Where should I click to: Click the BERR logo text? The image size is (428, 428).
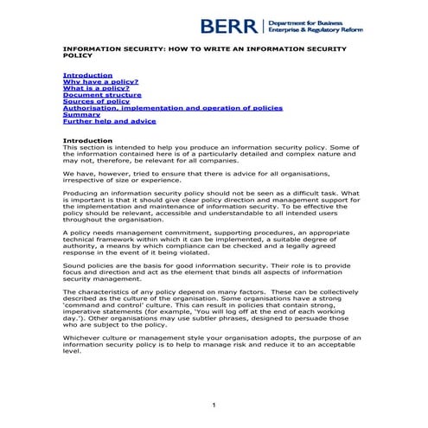(x=228, y=26)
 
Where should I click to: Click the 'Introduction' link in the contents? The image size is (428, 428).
(x=87, y=75)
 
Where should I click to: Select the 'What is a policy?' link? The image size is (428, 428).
(x=96, y=88)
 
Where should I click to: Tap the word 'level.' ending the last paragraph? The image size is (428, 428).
(x=72, y=352)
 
